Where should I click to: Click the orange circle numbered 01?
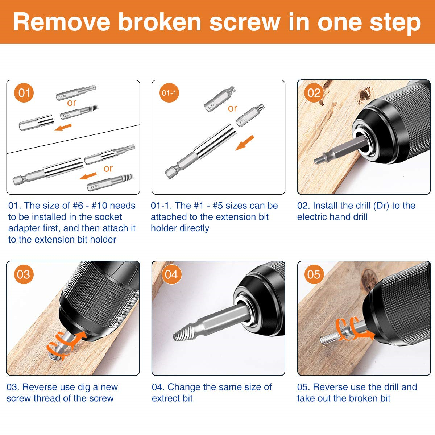coord(24,93)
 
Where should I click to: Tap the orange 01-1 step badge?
coord(169,93)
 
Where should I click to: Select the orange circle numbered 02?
coord(314,93)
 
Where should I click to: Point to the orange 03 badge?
coord(24,274)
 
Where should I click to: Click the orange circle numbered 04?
coord(171,274)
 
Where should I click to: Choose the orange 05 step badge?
coord(314,274)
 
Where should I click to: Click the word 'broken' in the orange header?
coord(160,22)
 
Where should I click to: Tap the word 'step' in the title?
coord(395,24)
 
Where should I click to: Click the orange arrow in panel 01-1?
coord(245,143)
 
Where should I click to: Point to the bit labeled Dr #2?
coord(220,100)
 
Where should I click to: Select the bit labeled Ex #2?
coord(250,115)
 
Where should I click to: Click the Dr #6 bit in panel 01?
coord(76,92)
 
